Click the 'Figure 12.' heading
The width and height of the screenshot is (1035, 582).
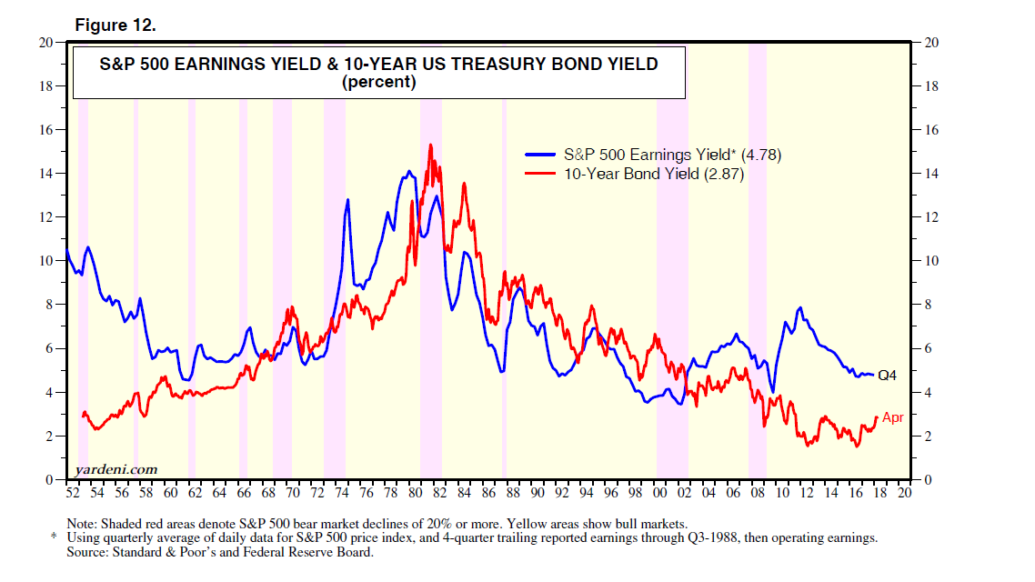116,25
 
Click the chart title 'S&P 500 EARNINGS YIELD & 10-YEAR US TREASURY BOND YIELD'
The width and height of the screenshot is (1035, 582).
378,65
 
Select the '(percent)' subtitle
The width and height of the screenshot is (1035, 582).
378,82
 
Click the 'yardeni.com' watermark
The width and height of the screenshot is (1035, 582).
112,469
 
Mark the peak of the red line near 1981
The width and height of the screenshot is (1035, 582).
430,145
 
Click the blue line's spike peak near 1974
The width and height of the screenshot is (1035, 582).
347,199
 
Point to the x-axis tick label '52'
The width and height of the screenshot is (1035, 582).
73,494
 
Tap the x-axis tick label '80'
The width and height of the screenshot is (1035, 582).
415,494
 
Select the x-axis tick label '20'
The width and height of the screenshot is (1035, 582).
904,494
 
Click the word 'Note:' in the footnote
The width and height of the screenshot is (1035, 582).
84,525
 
